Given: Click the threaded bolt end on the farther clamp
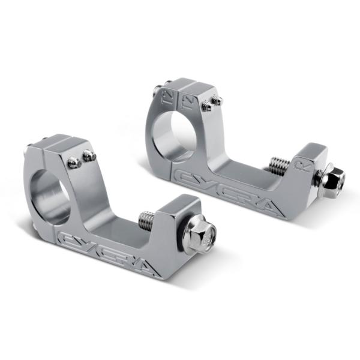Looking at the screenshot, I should [277, 164].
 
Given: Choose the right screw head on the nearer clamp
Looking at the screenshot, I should [89, 157].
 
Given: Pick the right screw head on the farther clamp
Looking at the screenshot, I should [217, 100].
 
